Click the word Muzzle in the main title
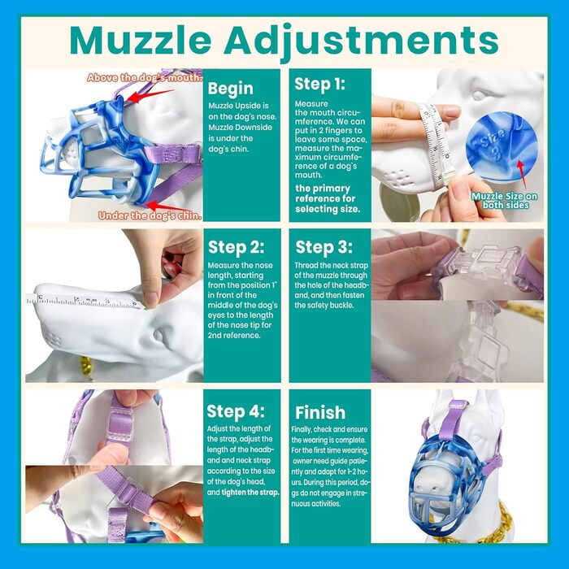coord(141,40)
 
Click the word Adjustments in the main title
coord(361,41)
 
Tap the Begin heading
coord(230,89)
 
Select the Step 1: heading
coord(319,84)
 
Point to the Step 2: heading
coord(237,247)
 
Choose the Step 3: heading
coord(324,247)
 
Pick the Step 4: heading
coord(236,411)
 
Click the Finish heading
coord(320,413)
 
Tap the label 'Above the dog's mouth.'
coord(145,78)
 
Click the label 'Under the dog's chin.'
coord(150,216)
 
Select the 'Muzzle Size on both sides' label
coord(505,201)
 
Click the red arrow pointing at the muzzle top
coord(150,96)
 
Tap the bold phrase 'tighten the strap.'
coord(250,493)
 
